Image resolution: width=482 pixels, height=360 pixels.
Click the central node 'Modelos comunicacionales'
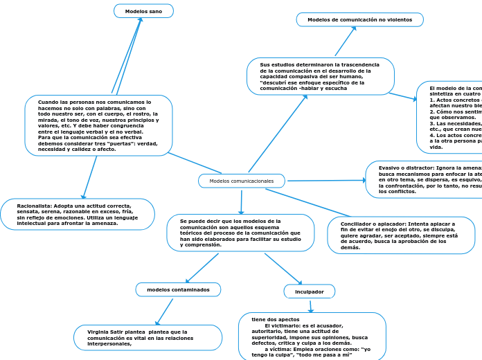(x=242, y=181)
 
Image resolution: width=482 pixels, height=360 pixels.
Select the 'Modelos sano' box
(x=143, y=11)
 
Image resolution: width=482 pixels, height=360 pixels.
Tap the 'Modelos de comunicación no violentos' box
(x=359, y=20)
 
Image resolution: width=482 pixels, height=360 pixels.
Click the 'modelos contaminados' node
(x=178, y=289)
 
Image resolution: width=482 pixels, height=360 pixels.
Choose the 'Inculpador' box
(x=309, y=291)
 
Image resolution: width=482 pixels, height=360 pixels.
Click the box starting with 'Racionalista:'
(x=78, y=215)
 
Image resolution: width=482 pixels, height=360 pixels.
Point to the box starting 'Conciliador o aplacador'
(x=401, y=235)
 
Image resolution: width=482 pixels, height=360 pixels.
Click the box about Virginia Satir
(x=148, y=338)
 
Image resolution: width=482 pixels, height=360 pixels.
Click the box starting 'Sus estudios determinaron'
(x=320, y=76)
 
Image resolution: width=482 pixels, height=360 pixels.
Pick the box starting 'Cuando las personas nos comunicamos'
(x=98, y=125)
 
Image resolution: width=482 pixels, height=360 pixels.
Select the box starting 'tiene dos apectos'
(x=312, y=337)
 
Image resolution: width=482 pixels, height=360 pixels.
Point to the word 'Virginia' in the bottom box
(x=101, y=332)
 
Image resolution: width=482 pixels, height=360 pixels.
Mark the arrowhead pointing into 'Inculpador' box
(x=299, y=282)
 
